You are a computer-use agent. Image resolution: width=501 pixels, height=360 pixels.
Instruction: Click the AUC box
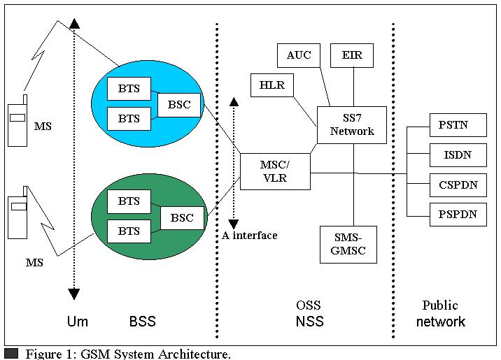[298, 55]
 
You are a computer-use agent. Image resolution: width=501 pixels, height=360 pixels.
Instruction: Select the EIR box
[352, 55]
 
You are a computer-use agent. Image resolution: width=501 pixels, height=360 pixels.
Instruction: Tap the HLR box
[272, 85]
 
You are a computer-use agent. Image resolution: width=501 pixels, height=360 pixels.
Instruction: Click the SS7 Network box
[352, 125]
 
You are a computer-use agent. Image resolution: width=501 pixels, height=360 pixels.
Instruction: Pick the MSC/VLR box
[275, 172]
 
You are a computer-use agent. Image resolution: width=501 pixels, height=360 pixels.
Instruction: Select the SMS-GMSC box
[348, 245]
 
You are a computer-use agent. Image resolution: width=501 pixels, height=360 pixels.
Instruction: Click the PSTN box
[458, 125]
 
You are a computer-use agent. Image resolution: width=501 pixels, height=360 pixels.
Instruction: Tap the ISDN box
[458, 155]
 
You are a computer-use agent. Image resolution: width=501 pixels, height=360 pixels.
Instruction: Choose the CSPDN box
[458, 185]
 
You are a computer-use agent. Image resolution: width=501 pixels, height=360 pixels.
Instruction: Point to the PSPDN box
[458, 215]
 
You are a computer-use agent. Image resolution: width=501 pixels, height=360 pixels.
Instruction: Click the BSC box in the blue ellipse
[179, 105]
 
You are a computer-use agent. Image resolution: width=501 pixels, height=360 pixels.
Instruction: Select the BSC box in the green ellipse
[182, 218]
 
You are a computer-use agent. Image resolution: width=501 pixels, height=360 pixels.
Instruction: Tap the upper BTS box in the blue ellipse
[129, 89]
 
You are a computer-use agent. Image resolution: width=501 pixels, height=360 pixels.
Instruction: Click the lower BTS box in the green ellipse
[129, 231]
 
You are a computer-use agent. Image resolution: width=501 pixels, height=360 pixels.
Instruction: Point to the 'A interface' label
[250, 236]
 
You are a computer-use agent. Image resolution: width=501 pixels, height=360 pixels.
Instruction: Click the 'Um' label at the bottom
[78, 321]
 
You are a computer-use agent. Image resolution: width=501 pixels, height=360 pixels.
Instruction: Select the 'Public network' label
[441, 313]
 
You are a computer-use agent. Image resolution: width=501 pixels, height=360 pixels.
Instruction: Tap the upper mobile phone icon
[17, 121]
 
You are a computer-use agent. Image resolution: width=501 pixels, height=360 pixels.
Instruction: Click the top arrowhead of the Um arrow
[74, 24]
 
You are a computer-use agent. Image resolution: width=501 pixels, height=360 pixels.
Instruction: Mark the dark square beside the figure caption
[11, 354]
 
